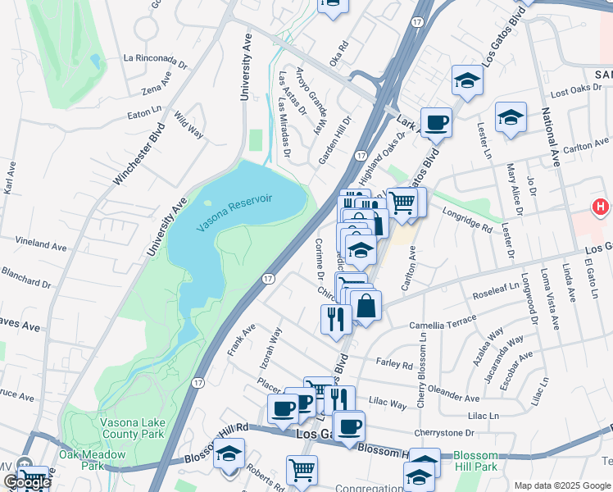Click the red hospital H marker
coord(602,208)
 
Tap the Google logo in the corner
coord(26,482)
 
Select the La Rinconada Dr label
coord(161,58)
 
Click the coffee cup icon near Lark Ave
coord(436,122)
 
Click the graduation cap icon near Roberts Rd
coord(229,453)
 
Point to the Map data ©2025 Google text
coord(561,485)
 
